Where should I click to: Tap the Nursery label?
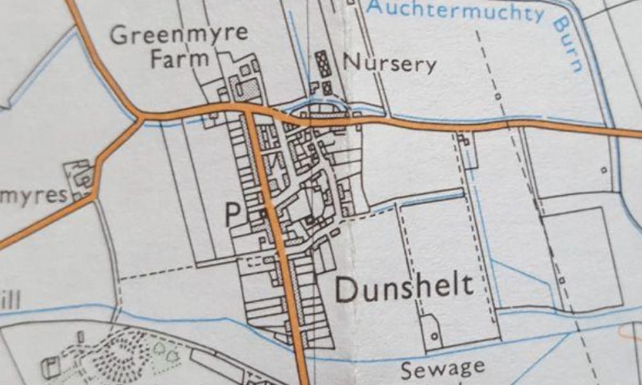[390, 63]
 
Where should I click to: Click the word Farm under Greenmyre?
[179, 59]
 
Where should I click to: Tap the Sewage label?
[442, 369]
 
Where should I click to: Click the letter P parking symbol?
[232, 215]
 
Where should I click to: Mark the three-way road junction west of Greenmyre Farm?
[140, 117]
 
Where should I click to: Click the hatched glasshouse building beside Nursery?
[322, 64]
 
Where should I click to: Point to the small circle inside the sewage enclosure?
[434, 336]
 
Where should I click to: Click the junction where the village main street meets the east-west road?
[249, 111]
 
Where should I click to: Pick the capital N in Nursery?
[351, 62]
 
